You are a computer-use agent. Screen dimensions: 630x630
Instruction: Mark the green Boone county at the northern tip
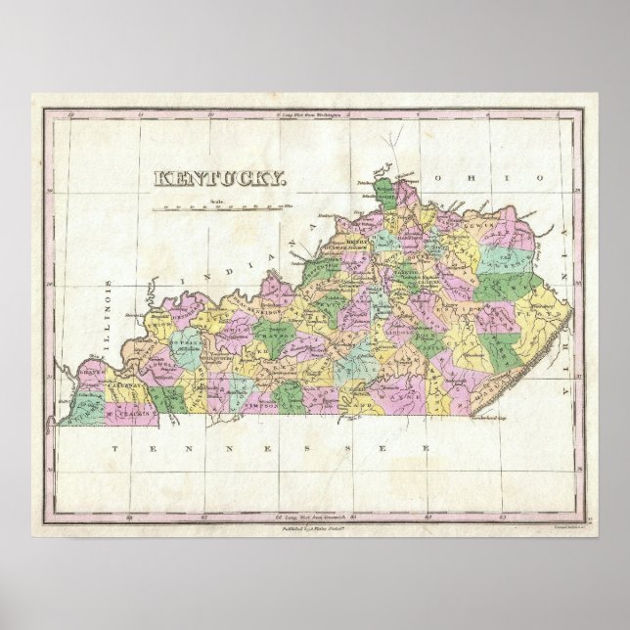tap(383, 191)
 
